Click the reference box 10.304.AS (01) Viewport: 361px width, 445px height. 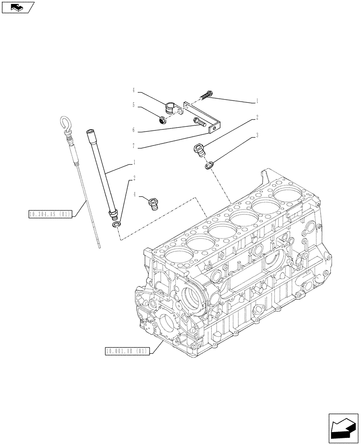[x=49, y=215]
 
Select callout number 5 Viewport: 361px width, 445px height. [x=133, y=105]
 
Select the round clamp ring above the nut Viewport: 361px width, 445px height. [x=170, y=108]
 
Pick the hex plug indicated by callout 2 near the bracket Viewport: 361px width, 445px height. [x=199, y=150]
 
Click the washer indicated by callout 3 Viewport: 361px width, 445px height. [x=209, y=166]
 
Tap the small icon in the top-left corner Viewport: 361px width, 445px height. [x=18, y=7]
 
